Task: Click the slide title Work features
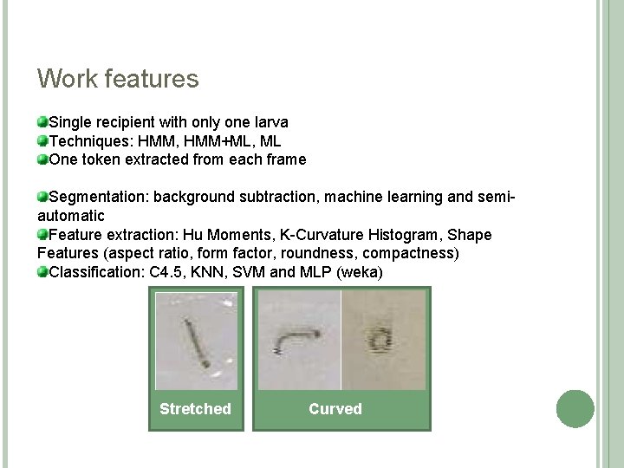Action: (118, 80)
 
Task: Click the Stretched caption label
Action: (195, 409)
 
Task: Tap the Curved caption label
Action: (335, 409)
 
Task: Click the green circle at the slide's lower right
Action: (575, 408)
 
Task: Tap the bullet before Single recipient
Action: (42, 122)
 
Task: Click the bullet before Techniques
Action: (42, 141)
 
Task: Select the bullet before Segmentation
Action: (42, 198)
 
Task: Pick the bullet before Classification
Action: (42, 273)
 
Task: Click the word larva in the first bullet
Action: (270, 122)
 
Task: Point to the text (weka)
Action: (361, 273)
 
